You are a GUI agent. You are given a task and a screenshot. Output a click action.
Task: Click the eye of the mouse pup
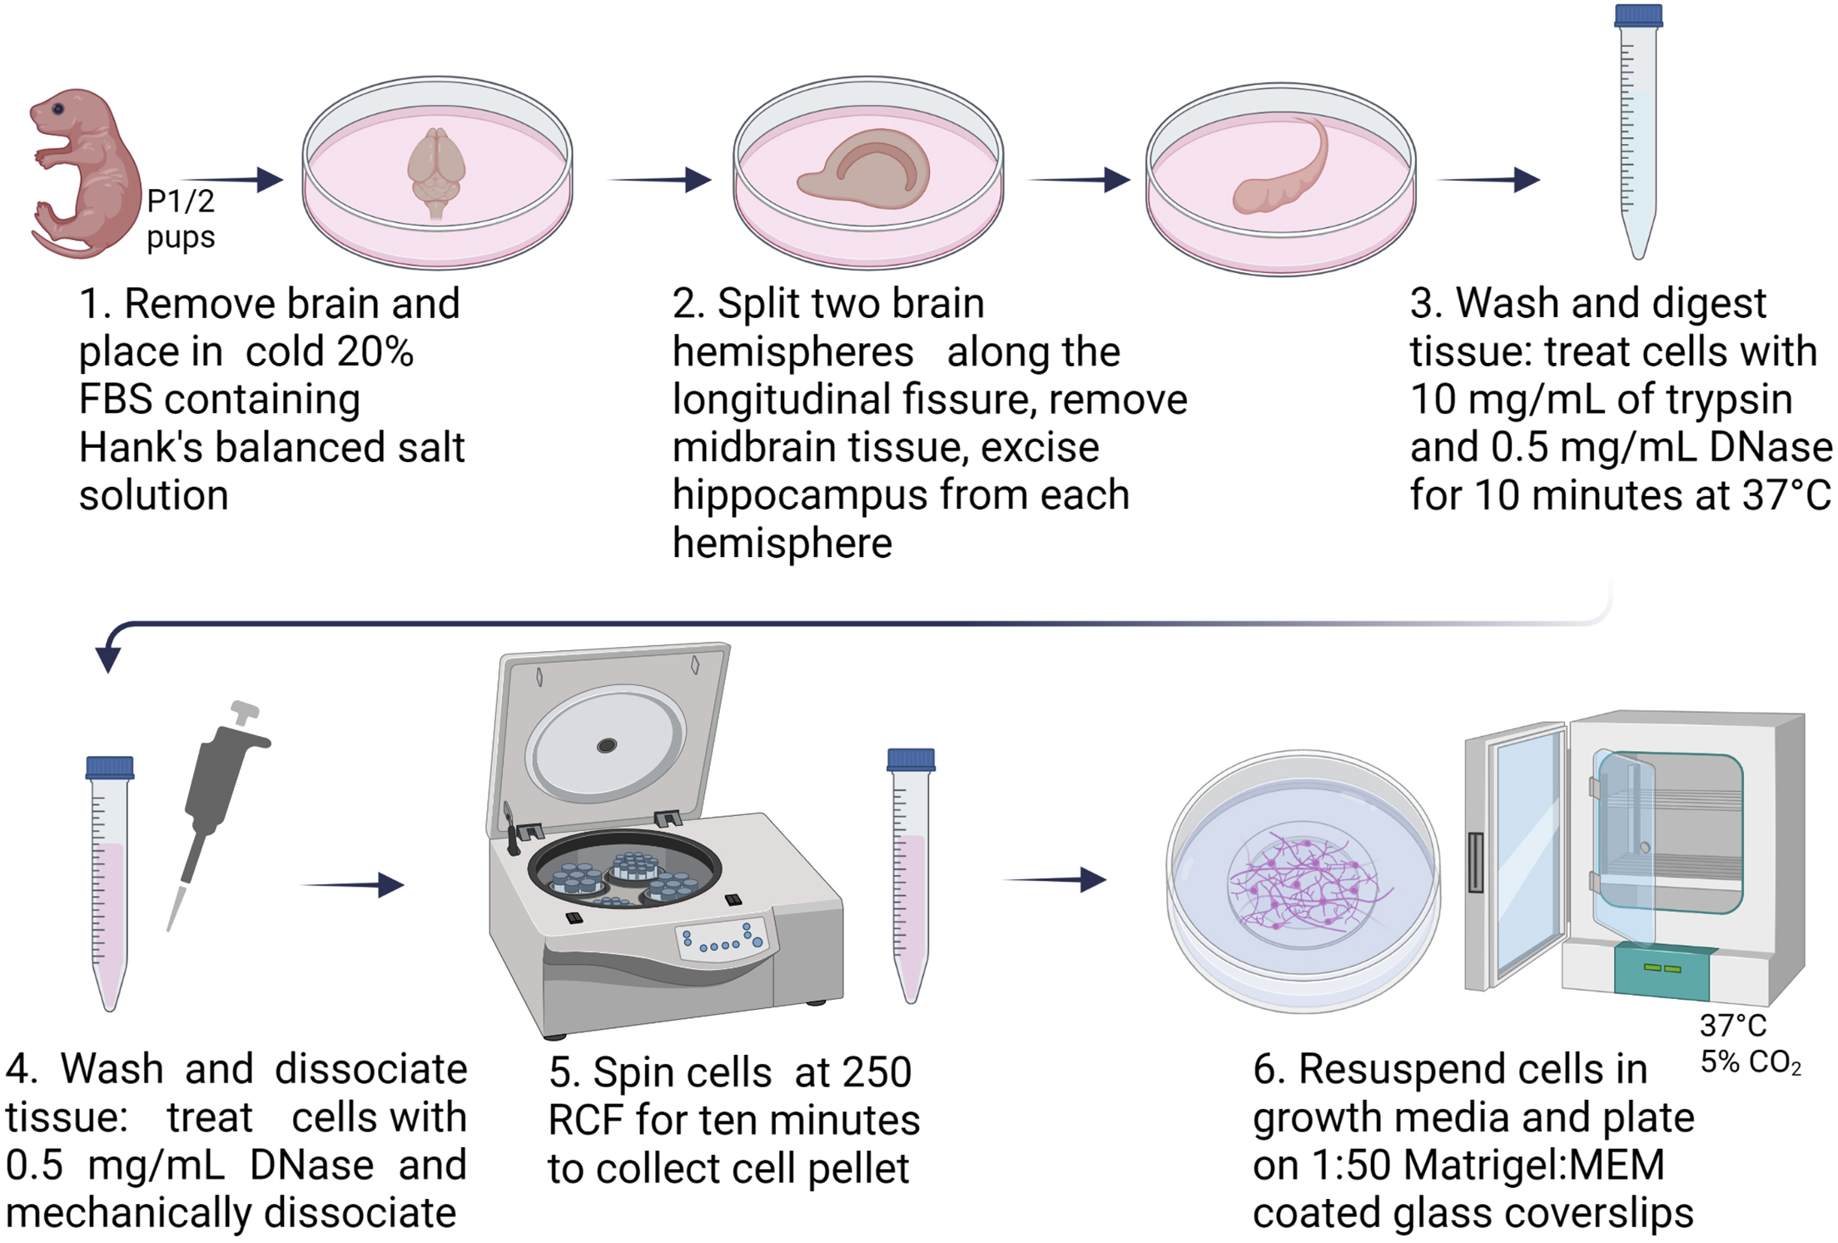pyautogui.click(x=58, y=109)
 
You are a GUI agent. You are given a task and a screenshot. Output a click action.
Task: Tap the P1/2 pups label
pyautogui.click(x=181, y=219)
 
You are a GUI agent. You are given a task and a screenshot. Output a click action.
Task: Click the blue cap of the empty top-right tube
pyautogui.click(x=1638, y=16)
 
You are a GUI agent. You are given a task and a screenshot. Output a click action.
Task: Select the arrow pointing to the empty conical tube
pyautogui.click(x=1490, y=179)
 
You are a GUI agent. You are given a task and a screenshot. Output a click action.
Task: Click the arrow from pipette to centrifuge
pyautogui.click(x=353, y=884)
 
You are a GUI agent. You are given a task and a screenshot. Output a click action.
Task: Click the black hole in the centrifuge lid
pyautogui.click(x=607, y=745)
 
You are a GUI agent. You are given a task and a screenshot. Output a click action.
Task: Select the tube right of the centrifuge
pyautogui.click(x=911, y=874)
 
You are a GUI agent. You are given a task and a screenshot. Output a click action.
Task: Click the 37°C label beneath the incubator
pyautogui.click(x=1733, y=1025)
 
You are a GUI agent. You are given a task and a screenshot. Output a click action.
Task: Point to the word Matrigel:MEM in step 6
pyautogui.click(x=1533, y=1165)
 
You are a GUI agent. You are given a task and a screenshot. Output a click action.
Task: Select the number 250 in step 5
pyautogui.click(x=876, y=1071)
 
